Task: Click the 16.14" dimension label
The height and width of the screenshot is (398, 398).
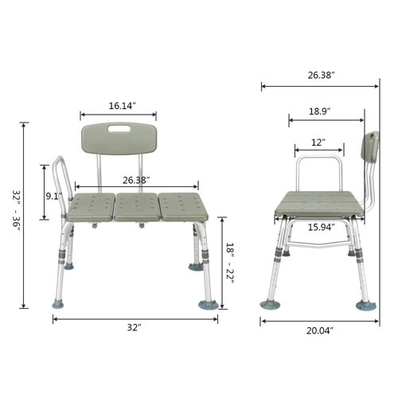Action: (123, 105)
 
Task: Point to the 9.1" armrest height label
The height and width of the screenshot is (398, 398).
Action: (53, 195)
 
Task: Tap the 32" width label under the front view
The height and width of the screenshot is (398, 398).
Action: (134, 327)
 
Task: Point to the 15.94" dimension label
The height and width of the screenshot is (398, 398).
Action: (321, 227)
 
